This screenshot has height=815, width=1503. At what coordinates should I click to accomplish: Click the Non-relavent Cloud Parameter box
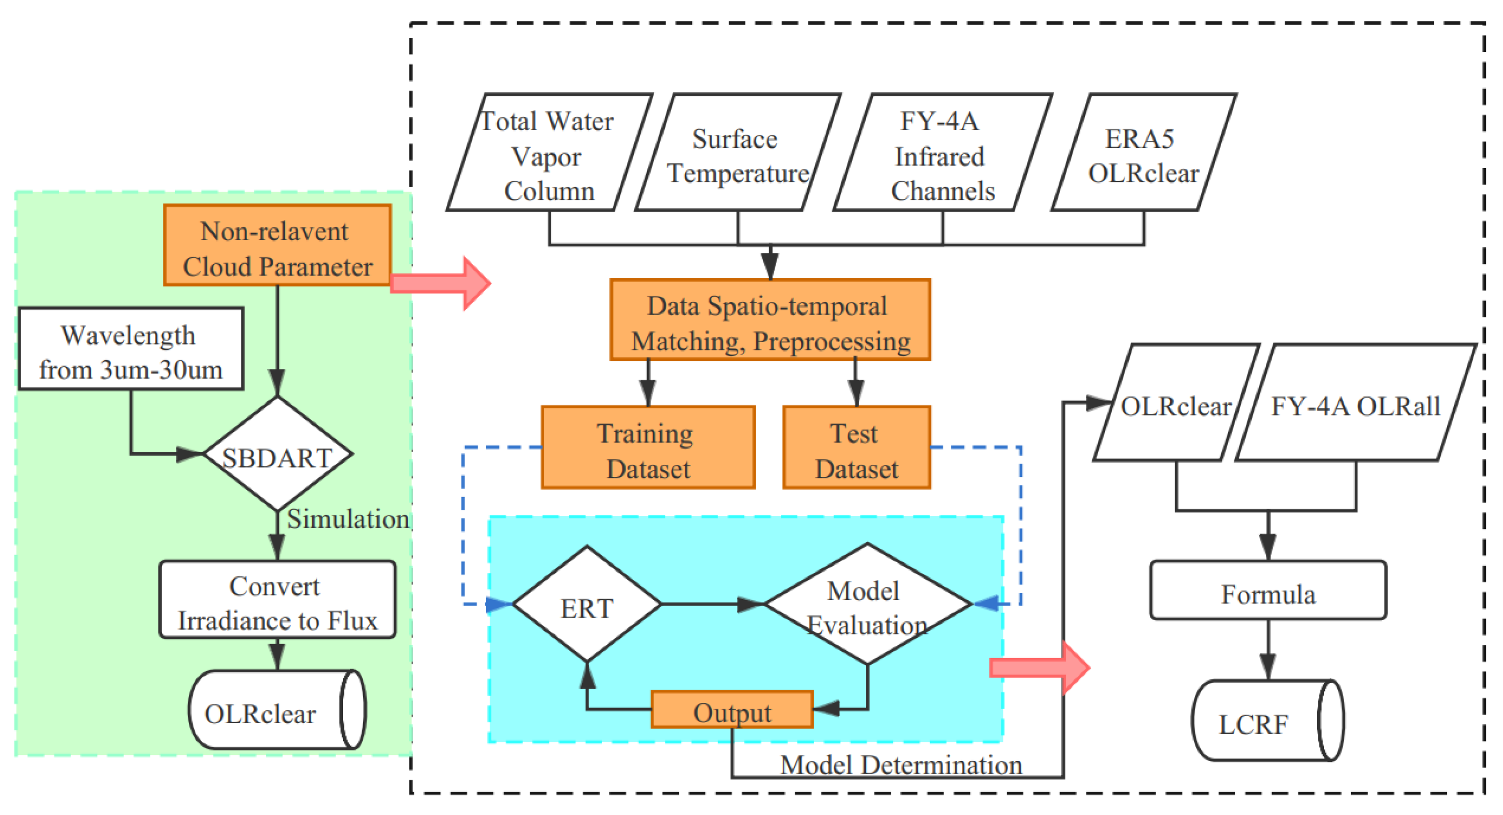tap(277, 245)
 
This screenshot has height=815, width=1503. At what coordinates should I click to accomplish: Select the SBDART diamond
tap(277, 454)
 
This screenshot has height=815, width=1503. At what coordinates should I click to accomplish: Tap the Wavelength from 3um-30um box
tap(131, 349)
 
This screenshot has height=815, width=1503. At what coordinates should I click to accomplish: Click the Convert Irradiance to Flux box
tap(277, 600)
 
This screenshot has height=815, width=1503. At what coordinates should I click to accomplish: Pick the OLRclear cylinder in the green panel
tap(274, 711)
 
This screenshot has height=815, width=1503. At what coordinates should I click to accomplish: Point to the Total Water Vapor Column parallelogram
tap(548, 153)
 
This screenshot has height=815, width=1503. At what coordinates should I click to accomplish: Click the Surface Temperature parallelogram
tap(737, 153)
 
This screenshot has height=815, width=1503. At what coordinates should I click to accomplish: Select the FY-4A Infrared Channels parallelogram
tap(942, 153)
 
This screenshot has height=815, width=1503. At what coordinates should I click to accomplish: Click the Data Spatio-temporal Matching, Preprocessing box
tap(770, 320)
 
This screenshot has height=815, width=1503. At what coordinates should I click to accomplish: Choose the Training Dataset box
tap(648, 447)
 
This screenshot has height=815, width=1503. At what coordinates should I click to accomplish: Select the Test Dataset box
tap(856, 447)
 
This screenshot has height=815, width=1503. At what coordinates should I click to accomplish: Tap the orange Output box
tap(732, 710)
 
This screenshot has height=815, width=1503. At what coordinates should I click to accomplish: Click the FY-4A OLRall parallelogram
tap(1355, 403)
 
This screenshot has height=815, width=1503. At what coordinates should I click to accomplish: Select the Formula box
tap(1267, 591)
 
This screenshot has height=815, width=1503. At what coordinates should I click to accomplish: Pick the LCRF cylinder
tap(1263, 722)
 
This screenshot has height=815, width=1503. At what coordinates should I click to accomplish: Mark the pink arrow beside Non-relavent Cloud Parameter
tap(440, 283)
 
